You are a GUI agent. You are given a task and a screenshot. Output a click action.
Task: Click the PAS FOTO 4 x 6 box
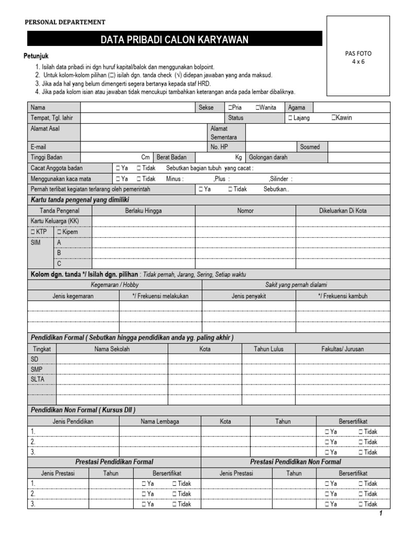point(358,56)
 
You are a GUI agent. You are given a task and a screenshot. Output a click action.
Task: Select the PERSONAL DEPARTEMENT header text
point(65,22)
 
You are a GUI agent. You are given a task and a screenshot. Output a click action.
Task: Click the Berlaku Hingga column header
point(143,211)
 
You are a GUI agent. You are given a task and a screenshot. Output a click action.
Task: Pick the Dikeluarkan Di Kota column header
point(343,211)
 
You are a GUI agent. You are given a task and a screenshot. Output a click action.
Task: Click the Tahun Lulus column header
point(268,349)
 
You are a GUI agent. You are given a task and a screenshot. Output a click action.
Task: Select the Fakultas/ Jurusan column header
point(343,349)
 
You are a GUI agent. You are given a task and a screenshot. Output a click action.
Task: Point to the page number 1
point(381,514)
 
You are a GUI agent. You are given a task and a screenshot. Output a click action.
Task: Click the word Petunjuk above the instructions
point(37,56)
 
